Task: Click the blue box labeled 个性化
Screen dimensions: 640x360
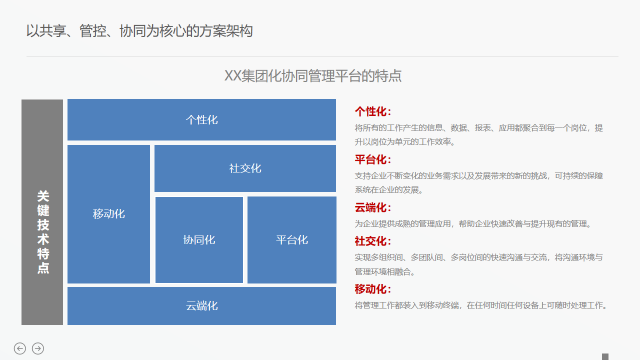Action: pyautogui.click(x=201, y=120)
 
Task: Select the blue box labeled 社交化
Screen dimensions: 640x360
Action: pyautogui.click(x=245, y=168)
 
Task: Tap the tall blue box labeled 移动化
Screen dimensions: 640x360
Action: pyautogui.click(x=108, y=214)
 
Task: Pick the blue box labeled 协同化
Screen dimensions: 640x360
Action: pyautogui.click(x=199, y=240)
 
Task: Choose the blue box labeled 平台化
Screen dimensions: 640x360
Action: pyautogui.click(x=292, y=240)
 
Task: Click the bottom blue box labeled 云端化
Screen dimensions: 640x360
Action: pyautogui.click(x=201, y=306)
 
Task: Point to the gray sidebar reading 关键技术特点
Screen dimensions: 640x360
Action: pyautogui.click(x=42, y=212)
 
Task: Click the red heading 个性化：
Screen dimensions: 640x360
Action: pyautogui.click(x=373, y=111)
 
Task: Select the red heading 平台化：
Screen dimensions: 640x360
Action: pyautogui.click(x=373, y=159)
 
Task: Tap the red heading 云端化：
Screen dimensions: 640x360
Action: pyautogui.click(x=373, y=207)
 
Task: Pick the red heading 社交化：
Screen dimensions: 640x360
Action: pyautogui.click(x=373, y=241)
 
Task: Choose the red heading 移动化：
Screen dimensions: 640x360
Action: pyautogui.click(x=373, y=289)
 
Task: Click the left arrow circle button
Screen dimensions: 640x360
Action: pyautogui.click(x=20, y=348)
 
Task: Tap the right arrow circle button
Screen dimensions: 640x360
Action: pyautogui.click(x=38, y=348)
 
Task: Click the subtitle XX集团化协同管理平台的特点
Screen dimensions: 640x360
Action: pyautogui.click(x=313, y=76)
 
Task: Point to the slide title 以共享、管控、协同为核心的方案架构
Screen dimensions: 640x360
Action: pyautogui.click(x=139, y=31)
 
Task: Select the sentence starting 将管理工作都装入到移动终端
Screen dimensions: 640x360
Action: pyautogui.click(x=481, y=305)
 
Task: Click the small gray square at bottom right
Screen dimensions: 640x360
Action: pyautogui.click(x=605, y=356)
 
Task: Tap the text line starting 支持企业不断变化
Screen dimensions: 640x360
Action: pyautogui.click(x=478, y=176)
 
